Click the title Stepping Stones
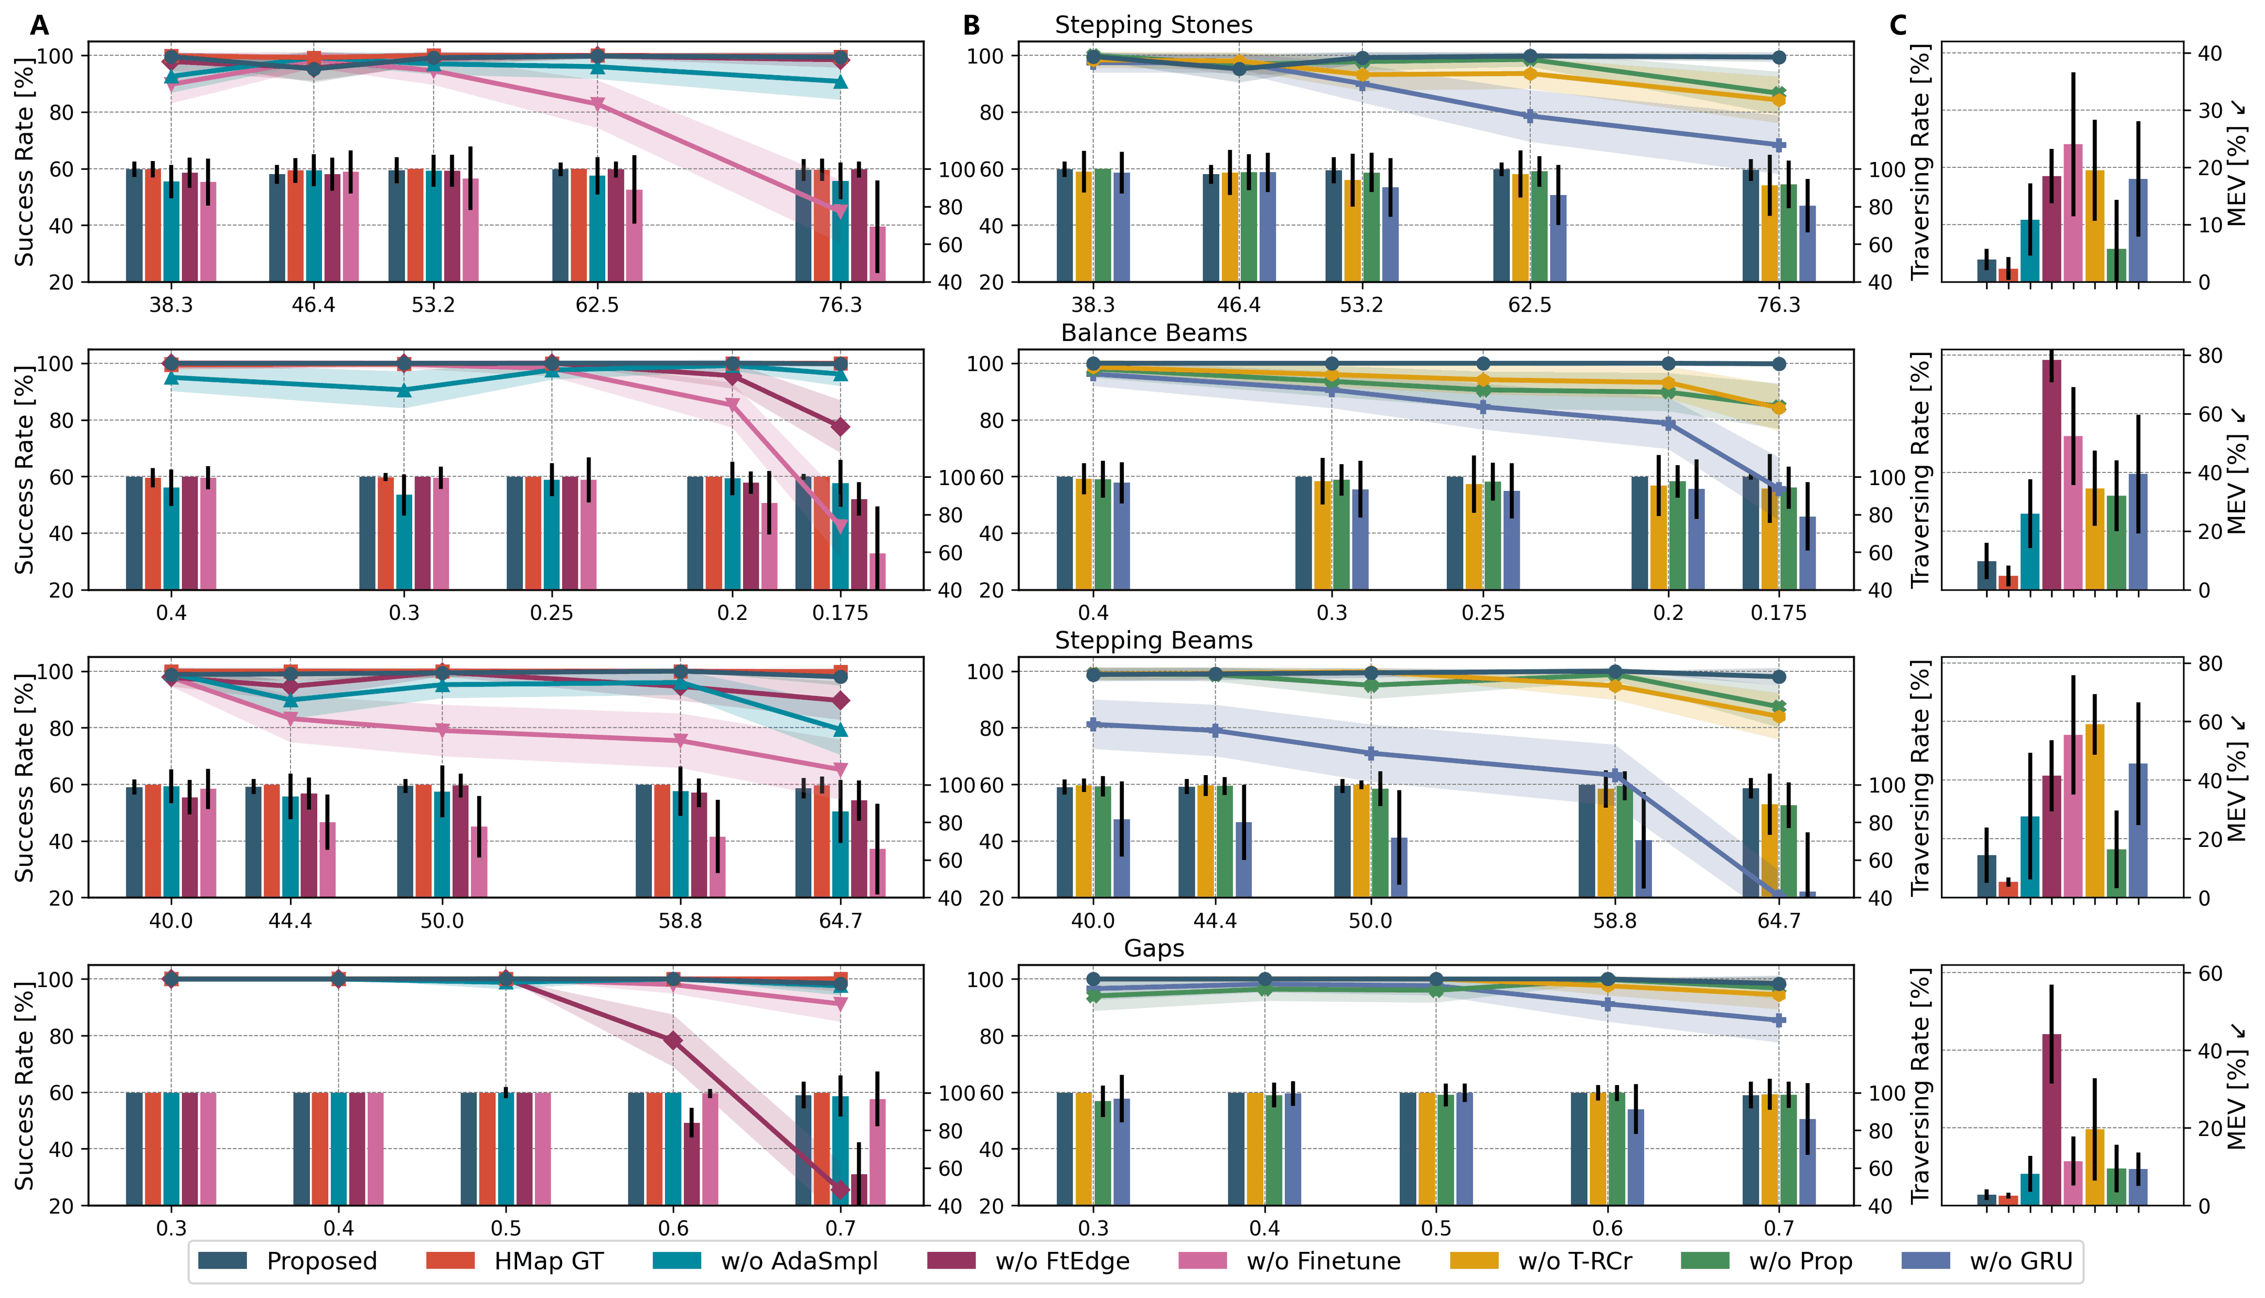tap(1153, 25)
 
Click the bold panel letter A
tap(39, 26)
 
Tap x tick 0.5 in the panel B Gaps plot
tap(1435, 1228)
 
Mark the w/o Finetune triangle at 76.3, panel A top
tap(839, 210)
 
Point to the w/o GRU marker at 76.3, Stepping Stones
tap(1779, 144)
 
